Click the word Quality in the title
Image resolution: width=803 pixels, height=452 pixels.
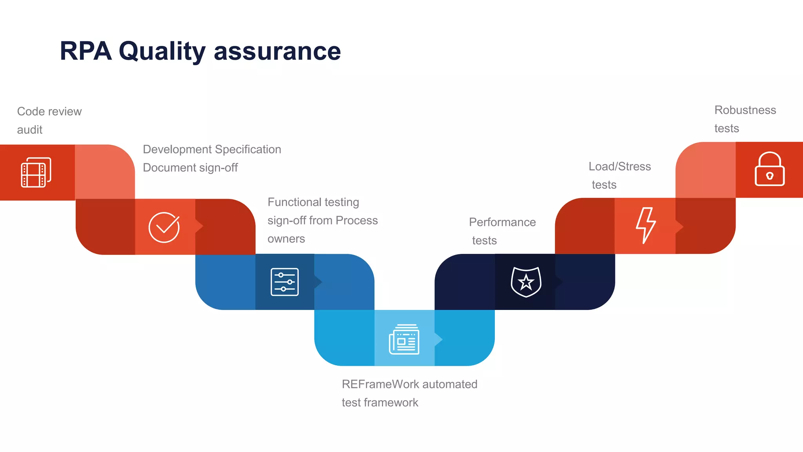point(162,52)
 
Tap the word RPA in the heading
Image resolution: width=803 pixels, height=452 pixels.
point(85,51)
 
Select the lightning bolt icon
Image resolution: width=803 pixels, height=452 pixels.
point(645,225)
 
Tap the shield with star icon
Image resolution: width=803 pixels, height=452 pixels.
point(526,282)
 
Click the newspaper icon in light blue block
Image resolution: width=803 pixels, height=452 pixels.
point(404,339)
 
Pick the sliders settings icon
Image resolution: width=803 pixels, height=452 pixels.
point(285,282)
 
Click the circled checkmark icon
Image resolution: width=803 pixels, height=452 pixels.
point(164,227)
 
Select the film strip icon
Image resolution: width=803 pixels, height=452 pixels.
point(36,172)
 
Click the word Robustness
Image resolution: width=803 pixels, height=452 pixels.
point(745,110)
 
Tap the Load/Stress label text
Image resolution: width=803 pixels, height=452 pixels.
point(620,167)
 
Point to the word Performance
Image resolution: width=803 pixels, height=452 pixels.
point(502,222)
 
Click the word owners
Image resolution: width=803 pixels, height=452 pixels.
point(286,239)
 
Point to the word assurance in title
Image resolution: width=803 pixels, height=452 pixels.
point(277,52)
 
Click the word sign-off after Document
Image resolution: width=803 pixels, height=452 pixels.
point(218,168)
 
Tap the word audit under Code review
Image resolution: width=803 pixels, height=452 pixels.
point(29,130)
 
